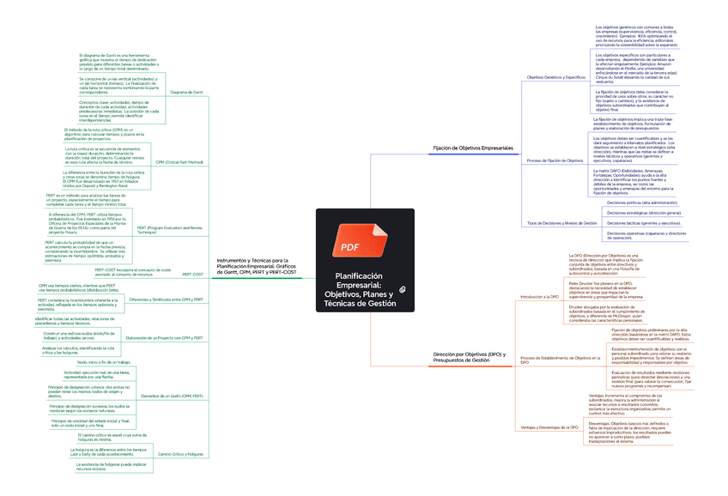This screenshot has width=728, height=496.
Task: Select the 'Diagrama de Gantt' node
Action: click(x=186, y=91)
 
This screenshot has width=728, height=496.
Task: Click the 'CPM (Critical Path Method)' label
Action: click(x=179, y=161)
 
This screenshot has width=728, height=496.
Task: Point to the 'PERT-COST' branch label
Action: click(x=192, y=275)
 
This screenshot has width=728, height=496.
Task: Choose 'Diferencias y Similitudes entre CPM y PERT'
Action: click(x=166, y=299)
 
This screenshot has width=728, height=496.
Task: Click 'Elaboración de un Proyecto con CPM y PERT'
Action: click(x=165, y=338)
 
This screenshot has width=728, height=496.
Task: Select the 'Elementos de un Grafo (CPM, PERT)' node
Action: click(x=172, y=396)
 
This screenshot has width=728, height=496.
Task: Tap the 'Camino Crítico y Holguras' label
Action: click(x=180, y=453)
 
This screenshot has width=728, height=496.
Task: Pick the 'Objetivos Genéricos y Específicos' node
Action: click(x=555, y=77)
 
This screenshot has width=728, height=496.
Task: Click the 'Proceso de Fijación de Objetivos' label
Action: click(x=555, y=160)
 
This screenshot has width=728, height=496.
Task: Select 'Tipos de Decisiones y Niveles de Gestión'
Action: click(x=561, y=223)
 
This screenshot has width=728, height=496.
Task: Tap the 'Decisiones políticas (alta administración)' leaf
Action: click(x=641, y=203)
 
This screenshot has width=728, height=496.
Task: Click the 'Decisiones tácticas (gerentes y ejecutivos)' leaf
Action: click(x=642, y=222)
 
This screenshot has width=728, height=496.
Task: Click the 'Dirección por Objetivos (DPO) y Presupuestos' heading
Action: click(x=470, y=357)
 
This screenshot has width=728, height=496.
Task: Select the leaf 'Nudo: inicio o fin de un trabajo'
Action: click(x=110, y=363)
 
